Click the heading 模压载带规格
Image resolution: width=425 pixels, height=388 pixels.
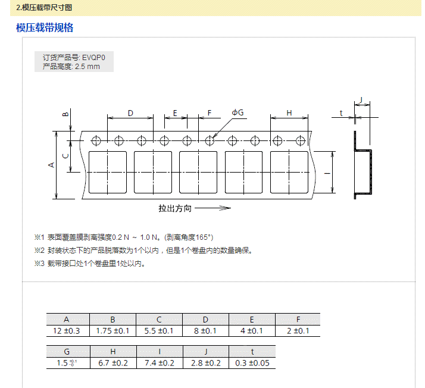pyautogui.click(x=45, y=28)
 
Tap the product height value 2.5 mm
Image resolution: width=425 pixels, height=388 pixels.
pyautogui.click(x=87, y=67)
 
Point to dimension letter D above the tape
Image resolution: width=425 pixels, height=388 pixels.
pyautogui.click(x=130, y=112)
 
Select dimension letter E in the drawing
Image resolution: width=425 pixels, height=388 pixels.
pyautogui.click(x=175, y=112)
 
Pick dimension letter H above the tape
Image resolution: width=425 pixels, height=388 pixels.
pyautogui.click(x=289, y=112)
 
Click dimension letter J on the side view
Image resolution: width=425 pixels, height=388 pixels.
pyautogui.click(x=361, y=99)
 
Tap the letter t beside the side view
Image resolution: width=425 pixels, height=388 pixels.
pyautogui.click(x=341, y=112)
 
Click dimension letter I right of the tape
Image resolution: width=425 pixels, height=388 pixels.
pyautogui.click(x=326, y=173)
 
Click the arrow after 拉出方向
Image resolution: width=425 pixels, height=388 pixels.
pyautogui.click(x=212, y=208)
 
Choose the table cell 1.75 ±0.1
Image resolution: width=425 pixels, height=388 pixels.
pyautogui.click(x=113, y=331)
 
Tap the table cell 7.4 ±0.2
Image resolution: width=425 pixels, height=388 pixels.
pyautogui.click(x=159, y=363)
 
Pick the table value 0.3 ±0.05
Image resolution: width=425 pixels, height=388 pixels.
pyautogui.click(x=252, y=363)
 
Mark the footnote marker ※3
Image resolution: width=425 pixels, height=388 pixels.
pyautogui.click(x=40, y=264)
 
